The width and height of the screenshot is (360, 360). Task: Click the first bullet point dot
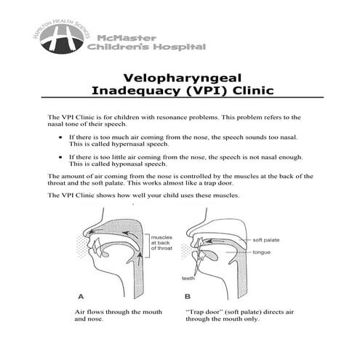point(59,137)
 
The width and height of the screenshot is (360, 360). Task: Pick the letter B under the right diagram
point(188,297)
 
